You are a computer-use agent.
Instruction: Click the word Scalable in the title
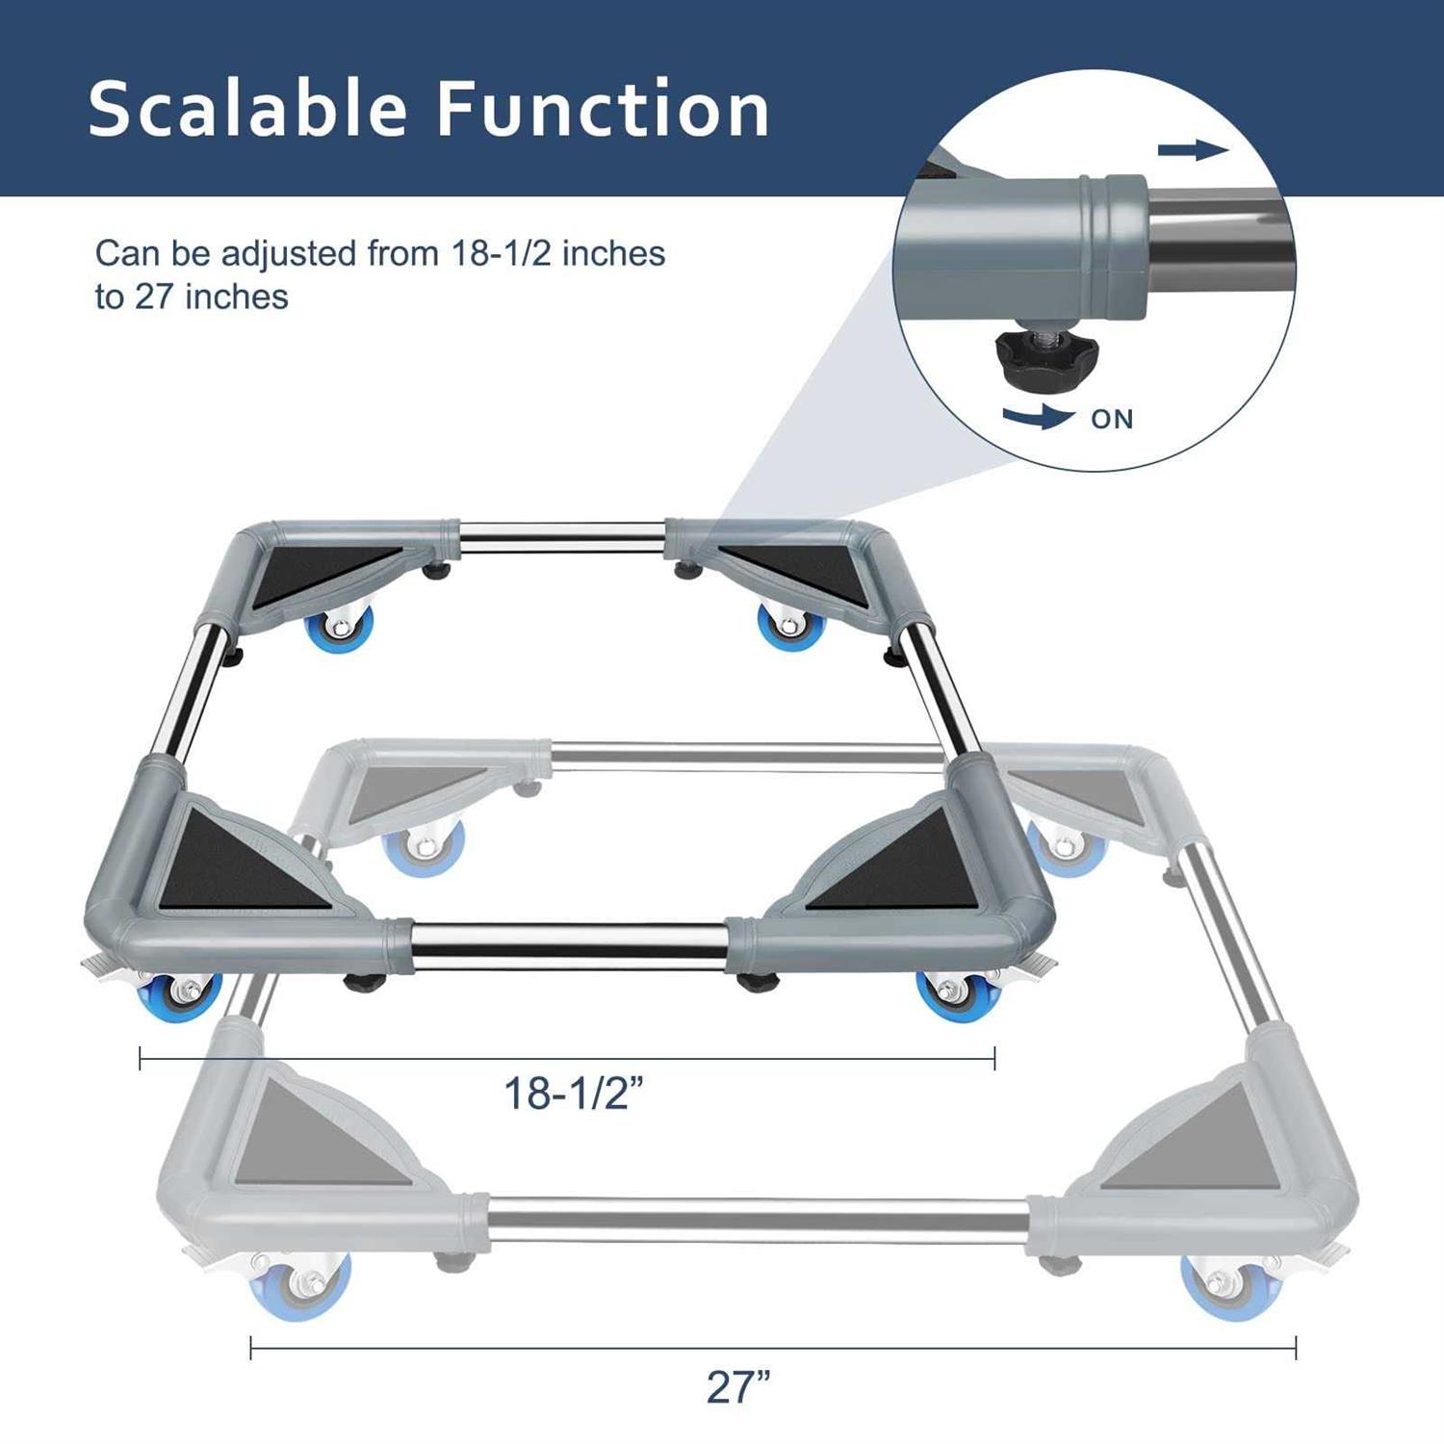248,109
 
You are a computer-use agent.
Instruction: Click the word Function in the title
603,109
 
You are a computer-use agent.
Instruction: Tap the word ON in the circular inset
1112,419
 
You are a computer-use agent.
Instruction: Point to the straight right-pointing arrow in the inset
1193,149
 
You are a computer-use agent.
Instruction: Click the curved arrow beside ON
1038,417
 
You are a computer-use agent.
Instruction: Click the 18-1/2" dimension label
573,1094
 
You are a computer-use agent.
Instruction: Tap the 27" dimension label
738,1387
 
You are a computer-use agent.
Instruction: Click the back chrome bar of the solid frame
562,534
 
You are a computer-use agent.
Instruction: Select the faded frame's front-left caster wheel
299,1285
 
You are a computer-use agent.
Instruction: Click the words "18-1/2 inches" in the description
558,254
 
